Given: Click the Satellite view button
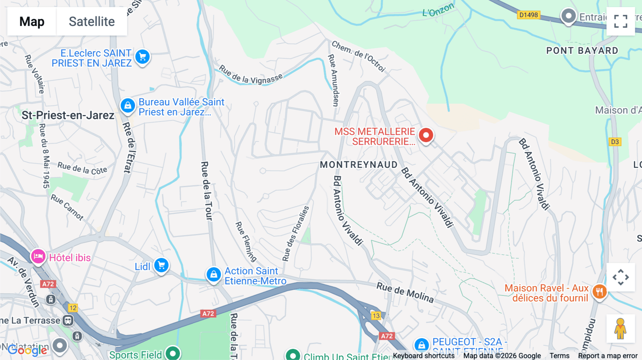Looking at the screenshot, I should pyautogui.click(x=92, y=22).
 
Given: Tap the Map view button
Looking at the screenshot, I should pyautogui.click(x=32, y=22).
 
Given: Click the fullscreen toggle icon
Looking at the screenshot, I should pyautogui.click(x=621, y=21).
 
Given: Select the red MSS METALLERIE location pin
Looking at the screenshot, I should pyautogui.click(x=426, y=135).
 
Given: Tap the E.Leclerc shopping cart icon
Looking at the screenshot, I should pyautogui.click(x=143, y=57).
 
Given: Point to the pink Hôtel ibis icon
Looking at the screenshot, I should pyautogui.click(x=38, y=256).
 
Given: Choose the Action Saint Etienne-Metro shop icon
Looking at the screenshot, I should pyautogui.click(x=214, y=274).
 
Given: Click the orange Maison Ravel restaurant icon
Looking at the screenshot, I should pyautogui.click(x=599, y=292).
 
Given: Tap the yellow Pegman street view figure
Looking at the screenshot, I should pyautogui.click(x=620, y=328).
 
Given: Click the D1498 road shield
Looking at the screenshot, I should pyautogui.click(x=528, y=15).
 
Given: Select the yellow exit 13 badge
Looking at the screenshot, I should pyautogui.click(x=376, y=316).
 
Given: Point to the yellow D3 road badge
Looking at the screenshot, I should pyautogui.click(x=615, y=142).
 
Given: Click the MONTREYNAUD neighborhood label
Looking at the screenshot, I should pyautogui.click(x=358, y=165).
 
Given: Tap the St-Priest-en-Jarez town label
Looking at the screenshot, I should pyautogui.click(x=68, y=115).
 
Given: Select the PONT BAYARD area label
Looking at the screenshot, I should pyautogui.click(x=582, y=51).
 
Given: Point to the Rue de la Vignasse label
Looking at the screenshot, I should pyautogui.click(x=250, y=75).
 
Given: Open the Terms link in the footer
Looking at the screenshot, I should pyautogui.click(x=559, y=355).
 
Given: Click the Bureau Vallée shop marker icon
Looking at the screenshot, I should pyautogui.click(x=128, y=106).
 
